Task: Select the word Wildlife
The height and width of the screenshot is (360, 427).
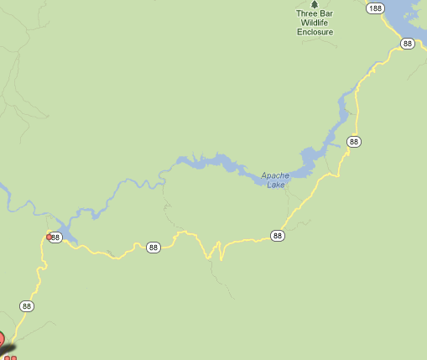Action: coord(315,23)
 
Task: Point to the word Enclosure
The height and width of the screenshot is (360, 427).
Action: coord(315,32)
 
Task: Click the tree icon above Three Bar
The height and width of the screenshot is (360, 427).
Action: coord(315,4)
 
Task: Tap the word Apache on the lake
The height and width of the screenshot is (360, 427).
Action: coord(274,175)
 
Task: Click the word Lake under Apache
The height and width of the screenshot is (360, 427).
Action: coord(276,185)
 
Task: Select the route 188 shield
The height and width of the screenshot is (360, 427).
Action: coord(375,8)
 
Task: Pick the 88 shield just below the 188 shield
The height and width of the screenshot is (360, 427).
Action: coord(408,44)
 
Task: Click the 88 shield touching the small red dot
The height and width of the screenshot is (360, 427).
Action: coord(56,237)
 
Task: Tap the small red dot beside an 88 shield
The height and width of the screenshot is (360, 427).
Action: coord(48,237)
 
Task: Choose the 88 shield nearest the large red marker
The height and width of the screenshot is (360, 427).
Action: coord(28,305)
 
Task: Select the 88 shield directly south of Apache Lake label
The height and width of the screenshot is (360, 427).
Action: coord(278,235)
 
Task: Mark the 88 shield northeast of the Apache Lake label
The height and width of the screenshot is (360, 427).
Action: coord(354,141)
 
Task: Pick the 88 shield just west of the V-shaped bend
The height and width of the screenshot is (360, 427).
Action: coord(153,247)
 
